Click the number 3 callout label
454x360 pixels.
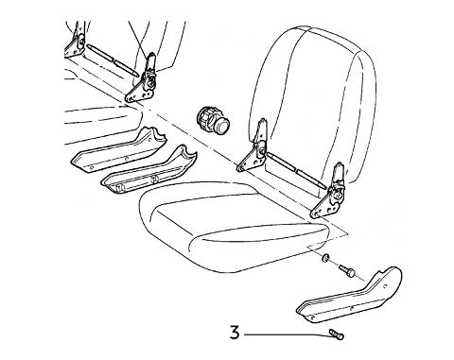[234, 332]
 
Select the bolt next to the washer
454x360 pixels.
[348, 269]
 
